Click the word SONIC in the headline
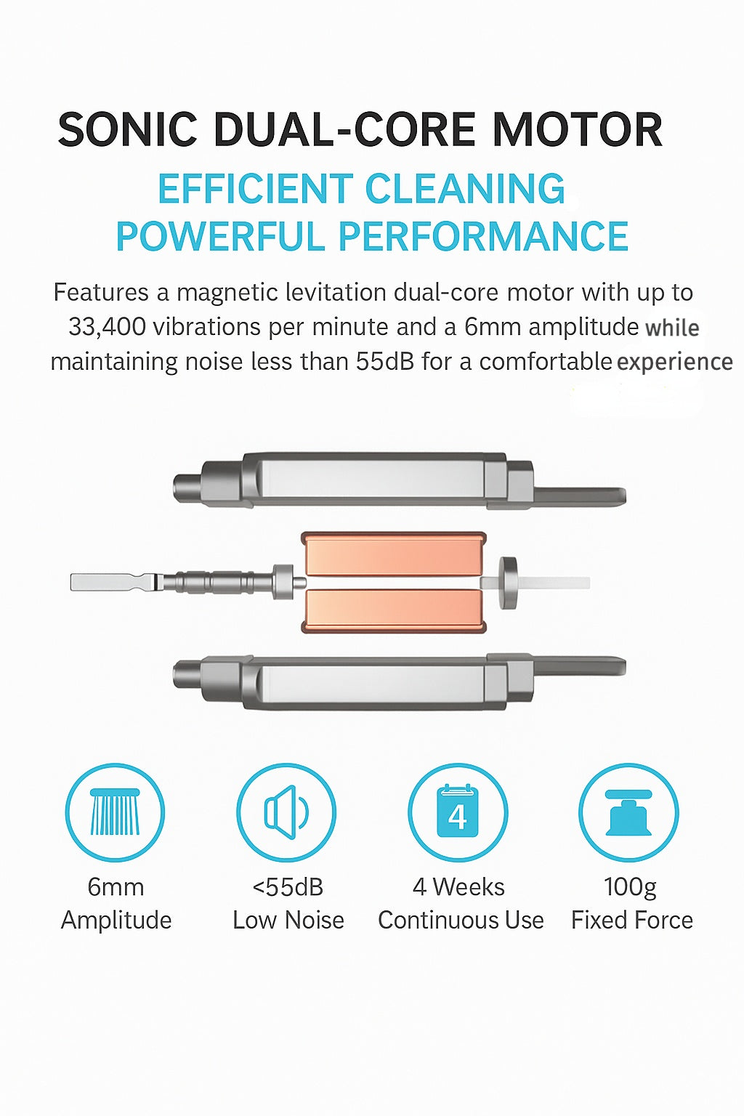click(127, 129)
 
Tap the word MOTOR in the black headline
click(577, 129)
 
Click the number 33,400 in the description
click(107, 327)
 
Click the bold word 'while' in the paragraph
click(672, 328)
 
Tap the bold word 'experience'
click(675, 363)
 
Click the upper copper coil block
click(394, 554)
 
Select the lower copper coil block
click(394, 611)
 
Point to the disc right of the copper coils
click(508, 583)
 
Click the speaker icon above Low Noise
click(286, 812)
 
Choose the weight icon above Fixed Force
click(628, 812)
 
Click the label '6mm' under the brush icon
click(116, 887)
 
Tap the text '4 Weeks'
click(458, 887)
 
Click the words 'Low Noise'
click(288, 921)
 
